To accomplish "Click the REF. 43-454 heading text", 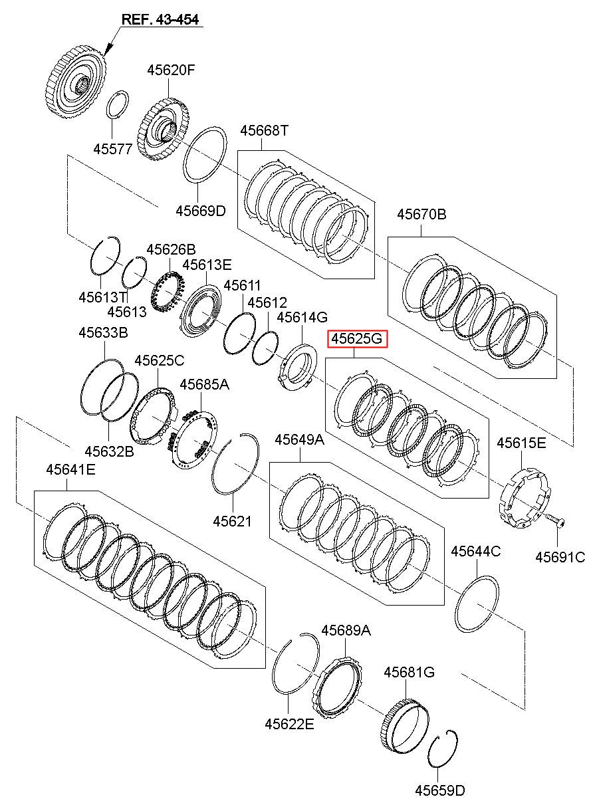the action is click(x=160, y=19).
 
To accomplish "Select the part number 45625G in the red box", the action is click(x=356, y=338).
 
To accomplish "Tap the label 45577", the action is click(x=113, y=149).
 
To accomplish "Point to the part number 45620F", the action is click(x=171, y=70).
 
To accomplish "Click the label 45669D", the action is click(x=201, y=211).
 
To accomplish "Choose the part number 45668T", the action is click(x=264, y=130).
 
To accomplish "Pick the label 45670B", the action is click(x=421, y=215).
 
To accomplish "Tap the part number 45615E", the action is click(x=521, y=443).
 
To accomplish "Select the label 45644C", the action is click(x=476, y=551).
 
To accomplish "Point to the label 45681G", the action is click(x=409, y=672).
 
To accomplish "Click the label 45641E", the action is click(x=70, y=470).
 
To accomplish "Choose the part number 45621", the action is click(x=232, y=521).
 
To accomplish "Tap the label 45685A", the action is click(x=205, y=385).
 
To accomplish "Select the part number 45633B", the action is click(x=103, y=333).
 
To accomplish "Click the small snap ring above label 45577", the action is click(x=118, y=104).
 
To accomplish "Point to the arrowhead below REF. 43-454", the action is click(x=109, y=50).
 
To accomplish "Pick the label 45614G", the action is click(x=302, y=317).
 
